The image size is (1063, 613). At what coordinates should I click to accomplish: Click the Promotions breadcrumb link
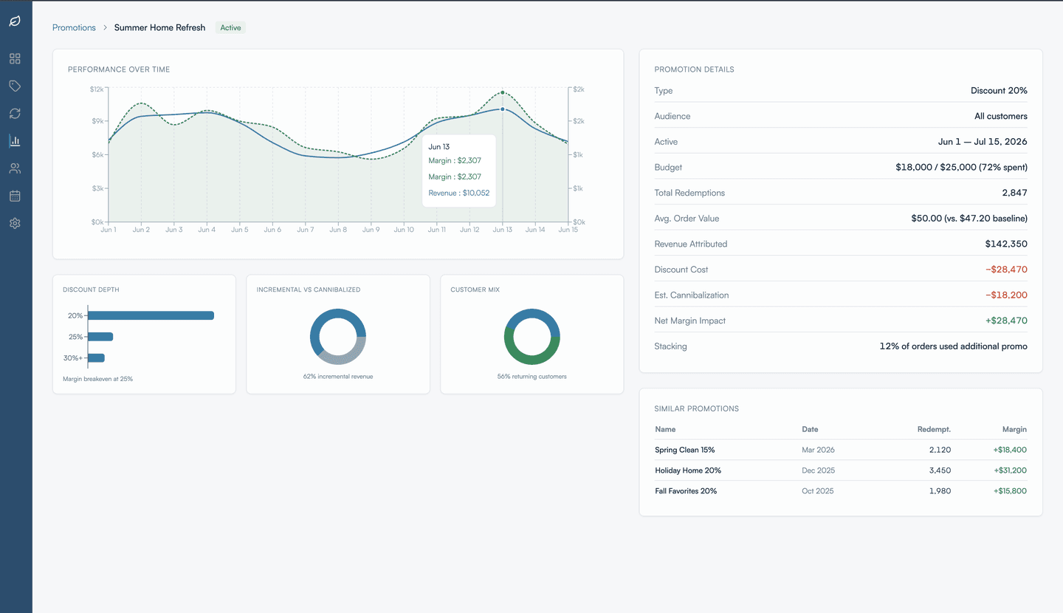74,28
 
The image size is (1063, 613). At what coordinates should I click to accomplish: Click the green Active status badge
230,28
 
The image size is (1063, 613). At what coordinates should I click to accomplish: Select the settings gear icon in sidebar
15,223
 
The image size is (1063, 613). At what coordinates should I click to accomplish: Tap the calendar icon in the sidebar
15,196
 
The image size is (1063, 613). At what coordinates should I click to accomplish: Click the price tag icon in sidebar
15,86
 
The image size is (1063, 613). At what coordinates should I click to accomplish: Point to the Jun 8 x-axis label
337,230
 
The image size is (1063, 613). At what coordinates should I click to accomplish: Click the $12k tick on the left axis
96,89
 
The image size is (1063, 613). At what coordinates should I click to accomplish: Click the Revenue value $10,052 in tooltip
458,193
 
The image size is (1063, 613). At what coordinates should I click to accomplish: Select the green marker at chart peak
503,93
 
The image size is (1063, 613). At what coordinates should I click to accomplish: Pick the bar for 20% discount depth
151,315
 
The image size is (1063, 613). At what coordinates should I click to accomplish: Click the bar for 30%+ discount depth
96,358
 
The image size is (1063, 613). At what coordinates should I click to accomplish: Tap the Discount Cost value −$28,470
1005,270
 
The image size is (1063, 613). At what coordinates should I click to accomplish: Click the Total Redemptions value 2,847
1014,193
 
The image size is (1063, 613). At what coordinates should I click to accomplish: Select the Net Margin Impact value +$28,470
1005,321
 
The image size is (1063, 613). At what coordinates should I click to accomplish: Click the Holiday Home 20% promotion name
687,470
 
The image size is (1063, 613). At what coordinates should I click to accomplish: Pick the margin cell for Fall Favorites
1009,491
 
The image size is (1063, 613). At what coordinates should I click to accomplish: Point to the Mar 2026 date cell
818,450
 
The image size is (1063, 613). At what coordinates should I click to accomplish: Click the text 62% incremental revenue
337,377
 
